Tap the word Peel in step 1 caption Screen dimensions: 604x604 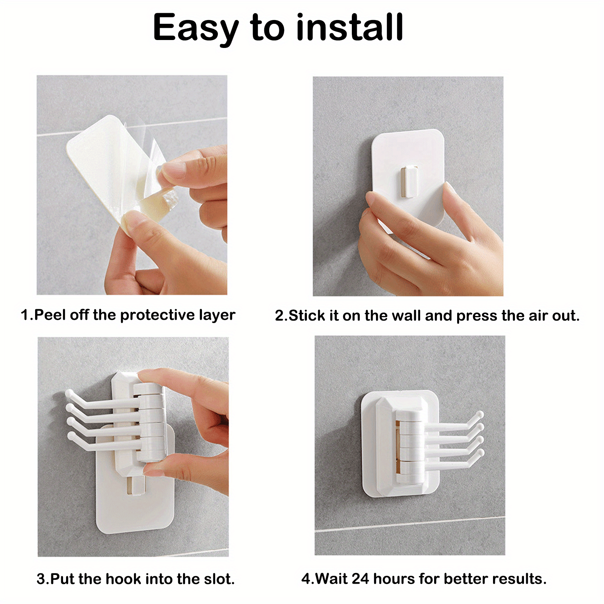51,315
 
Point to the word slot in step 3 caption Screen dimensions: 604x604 219,579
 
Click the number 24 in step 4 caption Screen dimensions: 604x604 360,578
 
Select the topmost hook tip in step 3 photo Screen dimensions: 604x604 69,393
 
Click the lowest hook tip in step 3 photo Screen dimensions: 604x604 71,436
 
